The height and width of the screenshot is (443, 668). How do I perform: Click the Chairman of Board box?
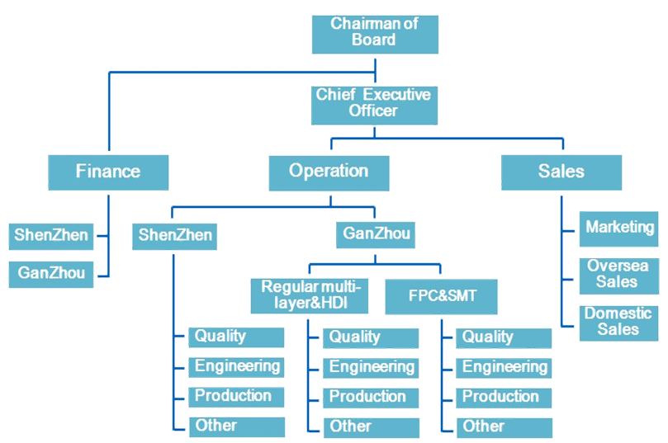point(374,32)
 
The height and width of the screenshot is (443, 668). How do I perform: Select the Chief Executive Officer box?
point(373,103)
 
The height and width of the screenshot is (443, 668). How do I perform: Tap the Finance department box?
point(108,172)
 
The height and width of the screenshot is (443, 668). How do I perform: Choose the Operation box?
point(329,172)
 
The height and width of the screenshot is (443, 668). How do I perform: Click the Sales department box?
point(561,172)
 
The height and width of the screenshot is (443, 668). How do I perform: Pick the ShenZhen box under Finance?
point(50,236)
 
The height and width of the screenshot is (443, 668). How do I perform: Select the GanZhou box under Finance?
point(50,274)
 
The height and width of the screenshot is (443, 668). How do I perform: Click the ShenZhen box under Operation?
point(175,236)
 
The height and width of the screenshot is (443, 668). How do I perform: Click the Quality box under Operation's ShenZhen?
point(236,337)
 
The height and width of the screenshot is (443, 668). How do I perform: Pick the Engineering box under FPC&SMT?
point(504,367)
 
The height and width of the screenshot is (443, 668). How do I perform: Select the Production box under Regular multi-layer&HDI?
point(370,397)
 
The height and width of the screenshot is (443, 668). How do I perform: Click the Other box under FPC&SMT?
point(504,427)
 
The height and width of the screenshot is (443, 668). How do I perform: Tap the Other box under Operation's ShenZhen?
point(236,427)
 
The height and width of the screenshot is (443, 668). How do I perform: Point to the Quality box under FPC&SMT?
point(504,337)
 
